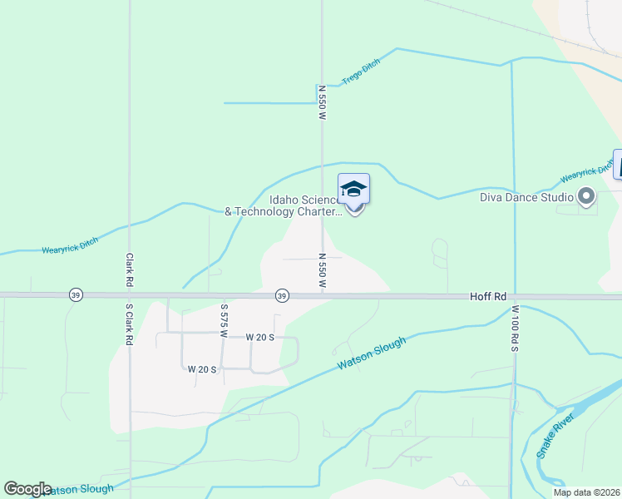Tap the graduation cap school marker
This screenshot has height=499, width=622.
click(353, 190)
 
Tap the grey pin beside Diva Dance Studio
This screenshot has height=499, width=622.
click(586, 197)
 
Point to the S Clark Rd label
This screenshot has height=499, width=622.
click(130, 324)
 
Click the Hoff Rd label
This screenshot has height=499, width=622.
click(488, 295)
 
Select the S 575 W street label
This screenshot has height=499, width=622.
click(224, 319)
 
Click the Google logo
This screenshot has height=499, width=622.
click(27, 489)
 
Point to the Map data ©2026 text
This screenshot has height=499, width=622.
click(586, 492)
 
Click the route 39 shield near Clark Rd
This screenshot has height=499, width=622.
click(76, 296)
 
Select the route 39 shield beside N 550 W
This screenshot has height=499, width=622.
click(282, 296)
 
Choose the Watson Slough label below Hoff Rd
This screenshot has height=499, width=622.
click(372, 353)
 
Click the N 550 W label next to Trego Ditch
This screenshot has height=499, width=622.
click(321, 103)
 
